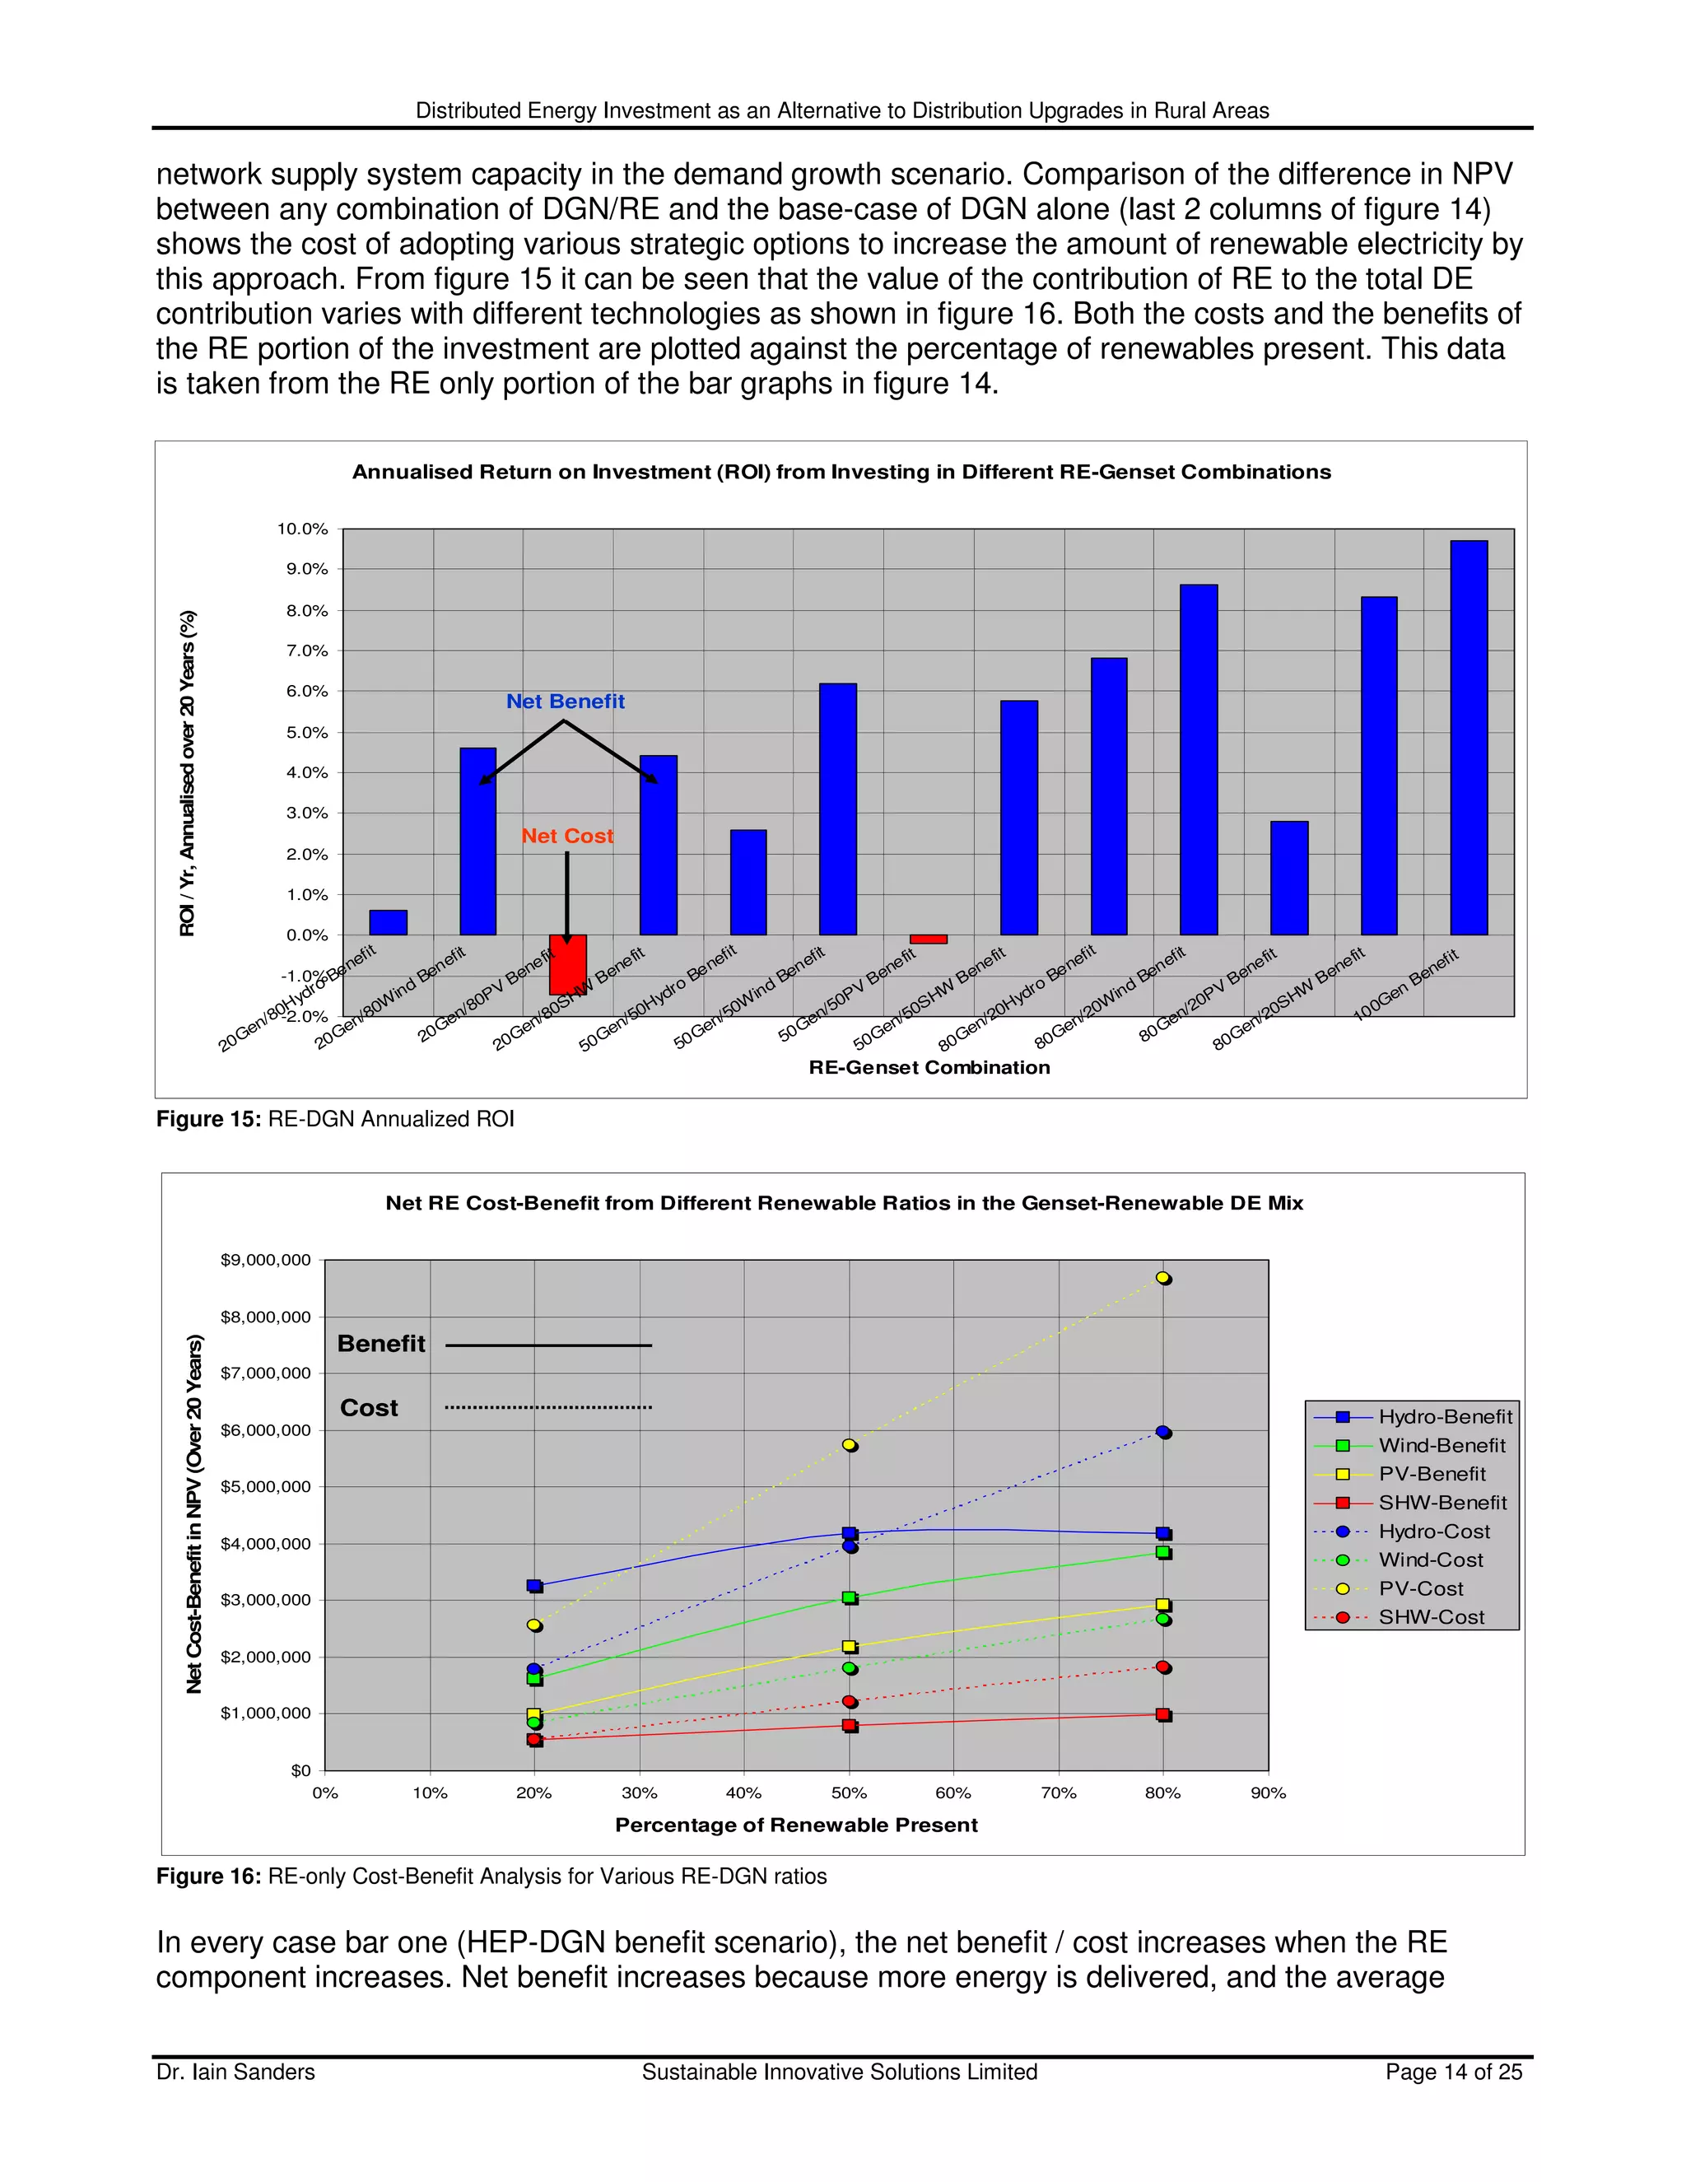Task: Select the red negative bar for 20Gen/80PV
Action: (567, 964)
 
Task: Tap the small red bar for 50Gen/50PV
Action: (928, 939)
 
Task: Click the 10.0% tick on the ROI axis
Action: (303, 529)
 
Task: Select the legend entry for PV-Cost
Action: (1420, 1588)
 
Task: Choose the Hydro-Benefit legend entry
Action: (1444, 1417)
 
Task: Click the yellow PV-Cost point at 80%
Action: (1162, 1278)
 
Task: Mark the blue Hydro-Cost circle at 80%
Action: (1162, 1432)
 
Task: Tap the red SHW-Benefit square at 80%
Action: (1162, 1714)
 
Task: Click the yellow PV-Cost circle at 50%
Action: (849, 1445)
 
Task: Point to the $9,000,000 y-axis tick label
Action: (265, 1260)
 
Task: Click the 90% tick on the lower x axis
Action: (1268, 1793)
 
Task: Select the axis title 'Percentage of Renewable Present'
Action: (796, 1825)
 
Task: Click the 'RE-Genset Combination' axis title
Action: (929, 1067)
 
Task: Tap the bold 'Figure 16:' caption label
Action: (207, 1877)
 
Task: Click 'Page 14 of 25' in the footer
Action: (1453, 2072)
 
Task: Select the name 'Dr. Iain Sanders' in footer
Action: (235, 2072)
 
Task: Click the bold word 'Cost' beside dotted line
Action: (369, 1408)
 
